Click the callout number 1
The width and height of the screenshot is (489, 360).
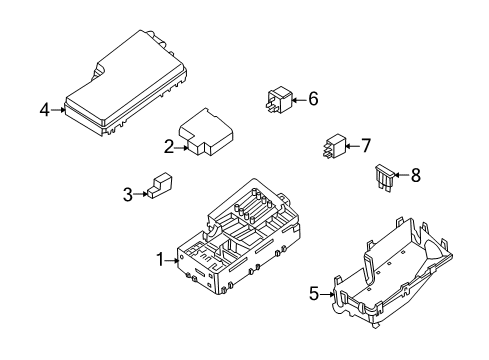click(x=159, y=259)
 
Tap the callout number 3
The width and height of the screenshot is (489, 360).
click(x=127, y=194)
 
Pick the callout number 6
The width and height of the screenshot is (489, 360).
click(x=312, y=99)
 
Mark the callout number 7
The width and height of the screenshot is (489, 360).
click(x=366, y=146)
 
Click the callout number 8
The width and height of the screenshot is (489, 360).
click(x=415, y=175)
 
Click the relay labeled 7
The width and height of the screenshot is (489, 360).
click(x=334, y=147)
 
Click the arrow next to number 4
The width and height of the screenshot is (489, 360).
click(x=59, y=110)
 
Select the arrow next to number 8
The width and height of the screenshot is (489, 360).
click(x=402, y=175)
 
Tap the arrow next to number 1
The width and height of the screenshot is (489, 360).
click(x=173, y=259)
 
